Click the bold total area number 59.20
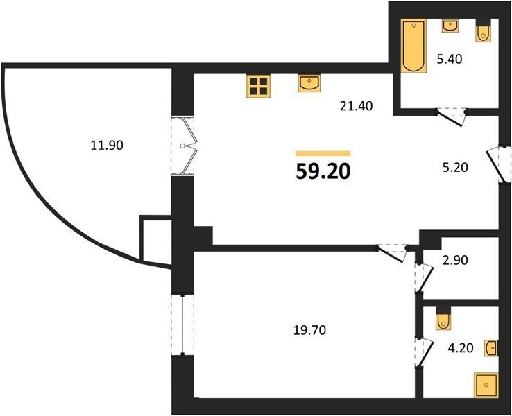323,171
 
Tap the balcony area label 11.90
107,145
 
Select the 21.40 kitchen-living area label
356,106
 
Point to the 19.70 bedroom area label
309,331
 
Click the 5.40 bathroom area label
450,60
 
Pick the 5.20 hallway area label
455,167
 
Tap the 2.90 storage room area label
455,260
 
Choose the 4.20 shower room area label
461,348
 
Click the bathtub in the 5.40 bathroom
413,45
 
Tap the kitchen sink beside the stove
309,83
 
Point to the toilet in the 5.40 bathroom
484,31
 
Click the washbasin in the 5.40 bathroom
450,26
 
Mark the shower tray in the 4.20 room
486,385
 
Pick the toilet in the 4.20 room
443,319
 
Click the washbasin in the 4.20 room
491,348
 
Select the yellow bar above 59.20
323,153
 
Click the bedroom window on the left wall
182,325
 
